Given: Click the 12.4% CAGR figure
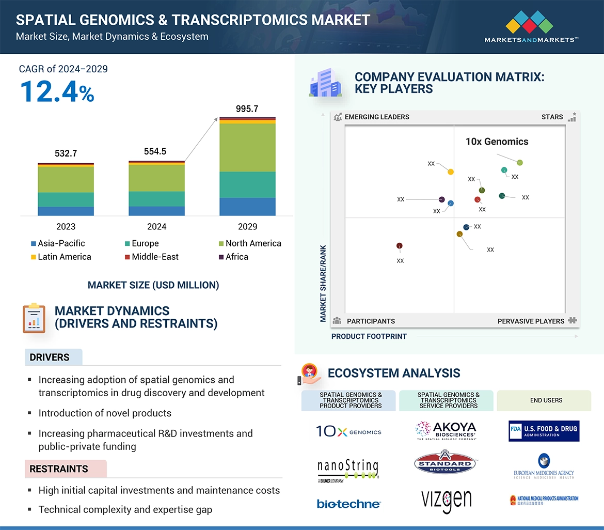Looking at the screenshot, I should point(57,91).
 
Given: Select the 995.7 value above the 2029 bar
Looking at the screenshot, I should point(247,108).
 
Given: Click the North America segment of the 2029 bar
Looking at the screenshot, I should point(247,148).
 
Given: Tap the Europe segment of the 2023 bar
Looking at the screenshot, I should point(66,199).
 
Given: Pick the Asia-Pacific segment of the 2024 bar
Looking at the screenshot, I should point(156,211).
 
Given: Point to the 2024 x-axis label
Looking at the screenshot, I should point(156,227).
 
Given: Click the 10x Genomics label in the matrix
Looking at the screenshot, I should point(497,142).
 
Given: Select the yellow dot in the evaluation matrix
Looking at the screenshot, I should point(451,172).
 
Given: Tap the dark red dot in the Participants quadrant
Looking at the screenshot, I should point(399,246).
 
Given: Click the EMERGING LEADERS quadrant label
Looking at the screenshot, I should point(376,117).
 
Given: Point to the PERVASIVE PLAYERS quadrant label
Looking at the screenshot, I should point(531,321).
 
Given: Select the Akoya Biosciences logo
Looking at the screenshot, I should point(446,430).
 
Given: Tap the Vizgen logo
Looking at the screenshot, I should point(446,500).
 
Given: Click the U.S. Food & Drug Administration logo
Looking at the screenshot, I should point(544,431).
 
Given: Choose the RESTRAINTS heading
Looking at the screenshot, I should point(59,469).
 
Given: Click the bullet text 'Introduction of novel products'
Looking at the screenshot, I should point(105,413).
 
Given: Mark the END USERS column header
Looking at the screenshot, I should point(546,400).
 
